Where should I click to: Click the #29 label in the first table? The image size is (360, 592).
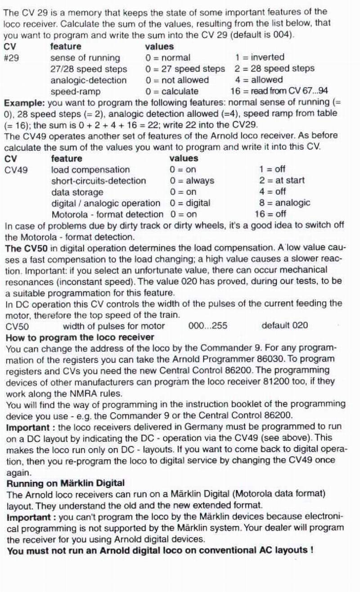click(11, 58)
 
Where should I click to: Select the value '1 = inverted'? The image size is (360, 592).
click(259, 57)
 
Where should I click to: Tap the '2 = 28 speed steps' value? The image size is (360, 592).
click(274, 68)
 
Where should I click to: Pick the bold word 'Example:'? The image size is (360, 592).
click(22, 103)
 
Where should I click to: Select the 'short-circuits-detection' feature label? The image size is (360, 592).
click(99, 181)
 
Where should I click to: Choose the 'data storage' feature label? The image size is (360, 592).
click(77, 192)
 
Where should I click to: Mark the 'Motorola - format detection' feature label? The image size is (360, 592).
click(108, 215)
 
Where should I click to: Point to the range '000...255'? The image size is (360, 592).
click(207, 326)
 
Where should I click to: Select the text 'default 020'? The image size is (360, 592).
click(284, 325)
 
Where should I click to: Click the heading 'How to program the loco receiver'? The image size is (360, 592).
click(80, 337)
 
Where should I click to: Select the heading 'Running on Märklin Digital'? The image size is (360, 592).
click(65, 483)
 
